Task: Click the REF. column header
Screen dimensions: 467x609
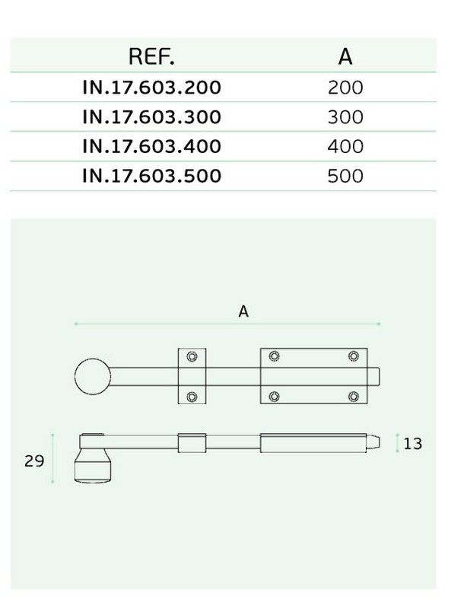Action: (151, 56)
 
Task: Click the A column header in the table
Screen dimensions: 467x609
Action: (345, 56)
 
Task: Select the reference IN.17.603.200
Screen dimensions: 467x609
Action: (152, 88)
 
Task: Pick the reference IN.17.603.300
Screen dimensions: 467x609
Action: (152, 117)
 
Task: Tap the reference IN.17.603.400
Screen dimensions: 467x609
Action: (152, 146)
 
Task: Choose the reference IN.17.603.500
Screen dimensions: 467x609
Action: (152, 176)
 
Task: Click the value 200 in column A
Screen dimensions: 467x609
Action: (345, 88)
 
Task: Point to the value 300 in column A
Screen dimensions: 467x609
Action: (345, 117)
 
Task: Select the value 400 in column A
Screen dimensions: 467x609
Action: (345, 147)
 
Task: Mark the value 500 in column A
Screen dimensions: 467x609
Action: (345, 177)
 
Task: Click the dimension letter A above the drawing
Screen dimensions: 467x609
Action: (243, 311)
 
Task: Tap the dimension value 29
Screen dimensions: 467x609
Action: (34, 461)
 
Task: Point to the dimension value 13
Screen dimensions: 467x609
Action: (413, 444)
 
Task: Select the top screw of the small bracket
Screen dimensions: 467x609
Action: (192, 356)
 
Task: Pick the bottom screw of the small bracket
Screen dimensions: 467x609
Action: (192, 397)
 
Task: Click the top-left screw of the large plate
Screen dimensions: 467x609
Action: (274, 356)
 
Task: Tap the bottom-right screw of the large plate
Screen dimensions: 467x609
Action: (353, 396)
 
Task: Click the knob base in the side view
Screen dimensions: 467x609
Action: (93, 466)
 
